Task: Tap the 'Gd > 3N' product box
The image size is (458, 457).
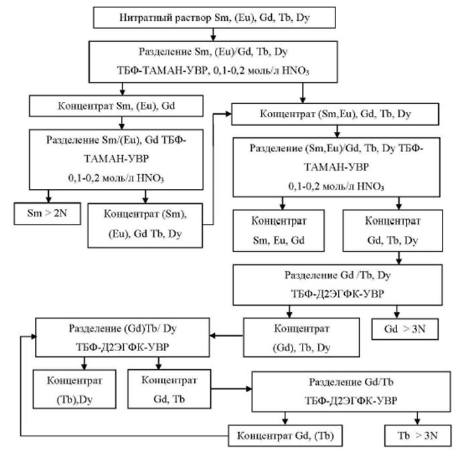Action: click(398, 328)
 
